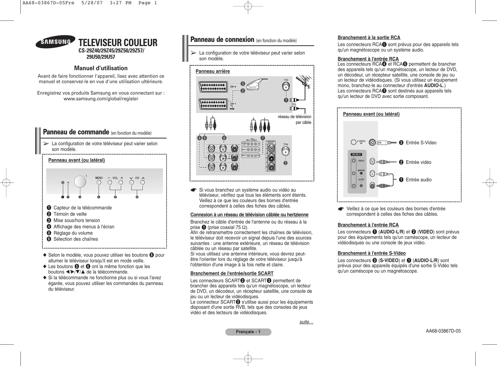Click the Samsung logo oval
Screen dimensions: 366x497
55,42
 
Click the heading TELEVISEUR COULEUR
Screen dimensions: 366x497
118,43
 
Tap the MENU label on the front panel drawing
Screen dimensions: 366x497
99,178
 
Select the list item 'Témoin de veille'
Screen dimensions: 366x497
70,214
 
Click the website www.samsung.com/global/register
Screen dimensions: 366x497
101,99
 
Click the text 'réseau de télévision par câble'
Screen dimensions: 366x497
295,120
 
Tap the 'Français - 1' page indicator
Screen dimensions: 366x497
248,332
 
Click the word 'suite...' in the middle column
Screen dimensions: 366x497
306,322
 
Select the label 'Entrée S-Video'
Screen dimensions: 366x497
421,143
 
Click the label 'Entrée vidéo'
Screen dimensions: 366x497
418,162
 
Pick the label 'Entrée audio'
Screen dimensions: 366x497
419,180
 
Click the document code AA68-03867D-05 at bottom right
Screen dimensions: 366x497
443,331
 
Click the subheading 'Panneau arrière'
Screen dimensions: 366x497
213,71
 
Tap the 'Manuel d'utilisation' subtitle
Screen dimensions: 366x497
101,68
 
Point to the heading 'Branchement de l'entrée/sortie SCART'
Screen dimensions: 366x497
232,274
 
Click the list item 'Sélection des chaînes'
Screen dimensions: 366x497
75,239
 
